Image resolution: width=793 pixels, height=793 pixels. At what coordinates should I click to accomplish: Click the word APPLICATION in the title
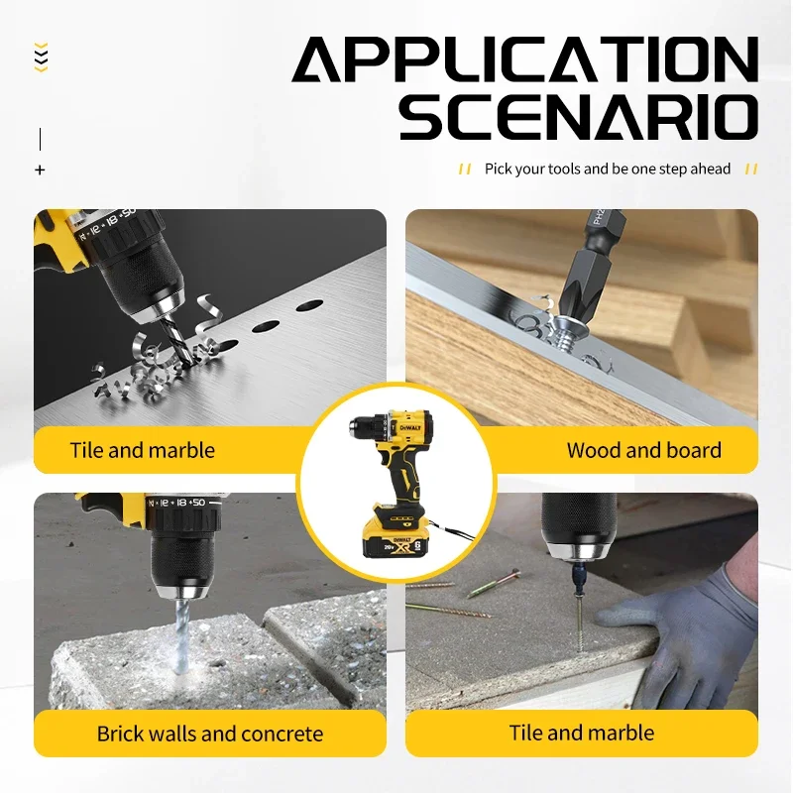(x=524, y=62)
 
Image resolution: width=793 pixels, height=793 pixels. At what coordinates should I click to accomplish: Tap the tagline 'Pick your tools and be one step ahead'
(x=607, y=169)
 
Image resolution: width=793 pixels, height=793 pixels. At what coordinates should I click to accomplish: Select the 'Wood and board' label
(x=643, y=450)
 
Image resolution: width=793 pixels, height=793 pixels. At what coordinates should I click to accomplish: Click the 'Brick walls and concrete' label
(x=209, y=734)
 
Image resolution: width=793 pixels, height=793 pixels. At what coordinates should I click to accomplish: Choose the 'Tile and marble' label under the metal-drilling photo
(x=142, y=450)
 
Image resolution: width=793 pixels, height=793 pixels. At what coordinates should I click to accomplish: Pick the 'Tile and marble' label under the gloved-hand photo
(x=582, y=733)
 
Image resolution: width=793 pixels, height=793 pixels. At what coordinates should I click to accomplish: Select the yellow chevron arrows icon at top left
(x=41, y=57)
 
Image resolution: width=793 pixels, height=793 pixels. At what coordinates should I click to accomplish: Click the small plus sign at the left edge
(x=40, y=170)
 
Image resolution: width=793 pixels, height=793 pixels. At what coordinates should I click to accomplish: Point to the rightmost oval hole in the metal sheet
(x=309, y=305)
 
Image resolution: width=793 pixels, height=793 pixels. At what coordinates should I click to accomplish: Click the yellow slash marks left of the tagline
(x=464, y=170)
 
